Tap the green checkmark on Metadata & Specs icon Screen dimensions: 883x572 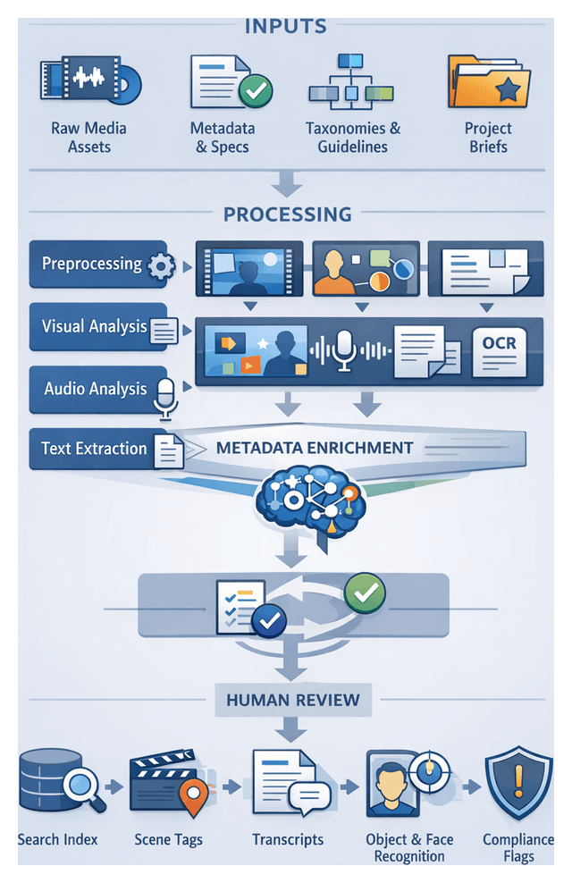tap(256, 91)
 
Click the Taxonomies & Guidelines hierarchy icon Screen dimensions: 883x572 tap(352, 82)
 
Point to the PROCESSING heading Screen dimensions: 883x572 tap(287, 214)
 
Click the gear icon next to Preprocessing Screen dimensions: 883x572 tap(160, 266)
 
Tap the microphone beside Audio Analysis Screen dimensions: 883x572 tap(165, 396)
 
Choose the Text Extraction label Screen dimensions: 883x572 tap(94, 449)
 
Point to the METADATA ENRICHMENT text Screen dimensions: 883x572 tap(314, 448)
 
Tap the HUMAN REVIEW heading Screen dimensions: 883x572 tap(293, 700)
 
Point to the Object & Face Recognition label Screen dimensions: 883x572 tap(409, 847)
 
